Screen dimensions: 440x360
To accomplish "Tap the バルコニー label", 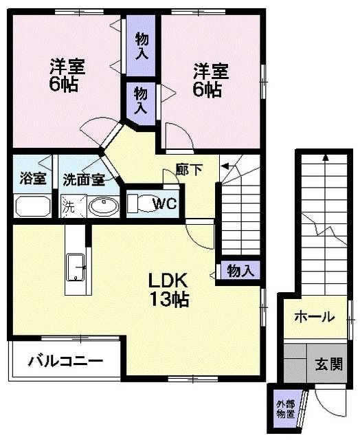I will coord(66,361).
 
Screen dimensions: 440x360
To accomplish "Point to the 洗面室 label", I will coord(83,181).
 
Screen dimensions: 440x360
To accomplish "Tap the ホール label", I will coord(315,317).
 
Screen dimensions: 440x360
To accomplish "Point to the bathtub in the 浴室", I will coord(32,206).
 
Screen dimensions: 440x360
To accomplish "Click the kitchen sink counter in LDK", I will coord(75,267).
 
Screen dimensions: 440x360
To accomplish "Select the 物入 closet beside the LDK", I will coord(240,272).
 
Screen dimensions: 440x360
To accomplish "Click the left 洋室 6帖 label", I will coord(66,76).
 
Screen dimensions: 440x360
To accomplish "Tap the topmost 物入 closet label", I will coord(142,46).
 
